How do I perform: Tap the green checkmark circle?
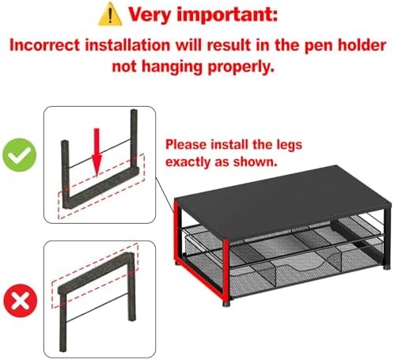coord(20,155)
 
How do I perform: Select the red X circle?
coord(21,301)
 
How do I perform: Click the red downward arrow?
coord(97,153)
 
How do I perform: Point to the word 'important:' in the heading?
coord(227,15)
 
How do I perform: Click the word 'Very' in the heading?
coord(150,15)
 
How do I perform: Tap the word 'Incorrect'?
coord(44,45)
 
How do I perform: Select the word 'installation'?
coord(127,45)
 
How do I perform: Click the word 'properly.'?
coord(241,67)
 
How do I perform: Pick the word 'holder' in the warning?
coord(362,45)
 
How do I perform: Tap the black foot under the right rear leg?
coord(386,267)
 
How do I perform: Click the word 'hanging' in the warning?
coord(172,67)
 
